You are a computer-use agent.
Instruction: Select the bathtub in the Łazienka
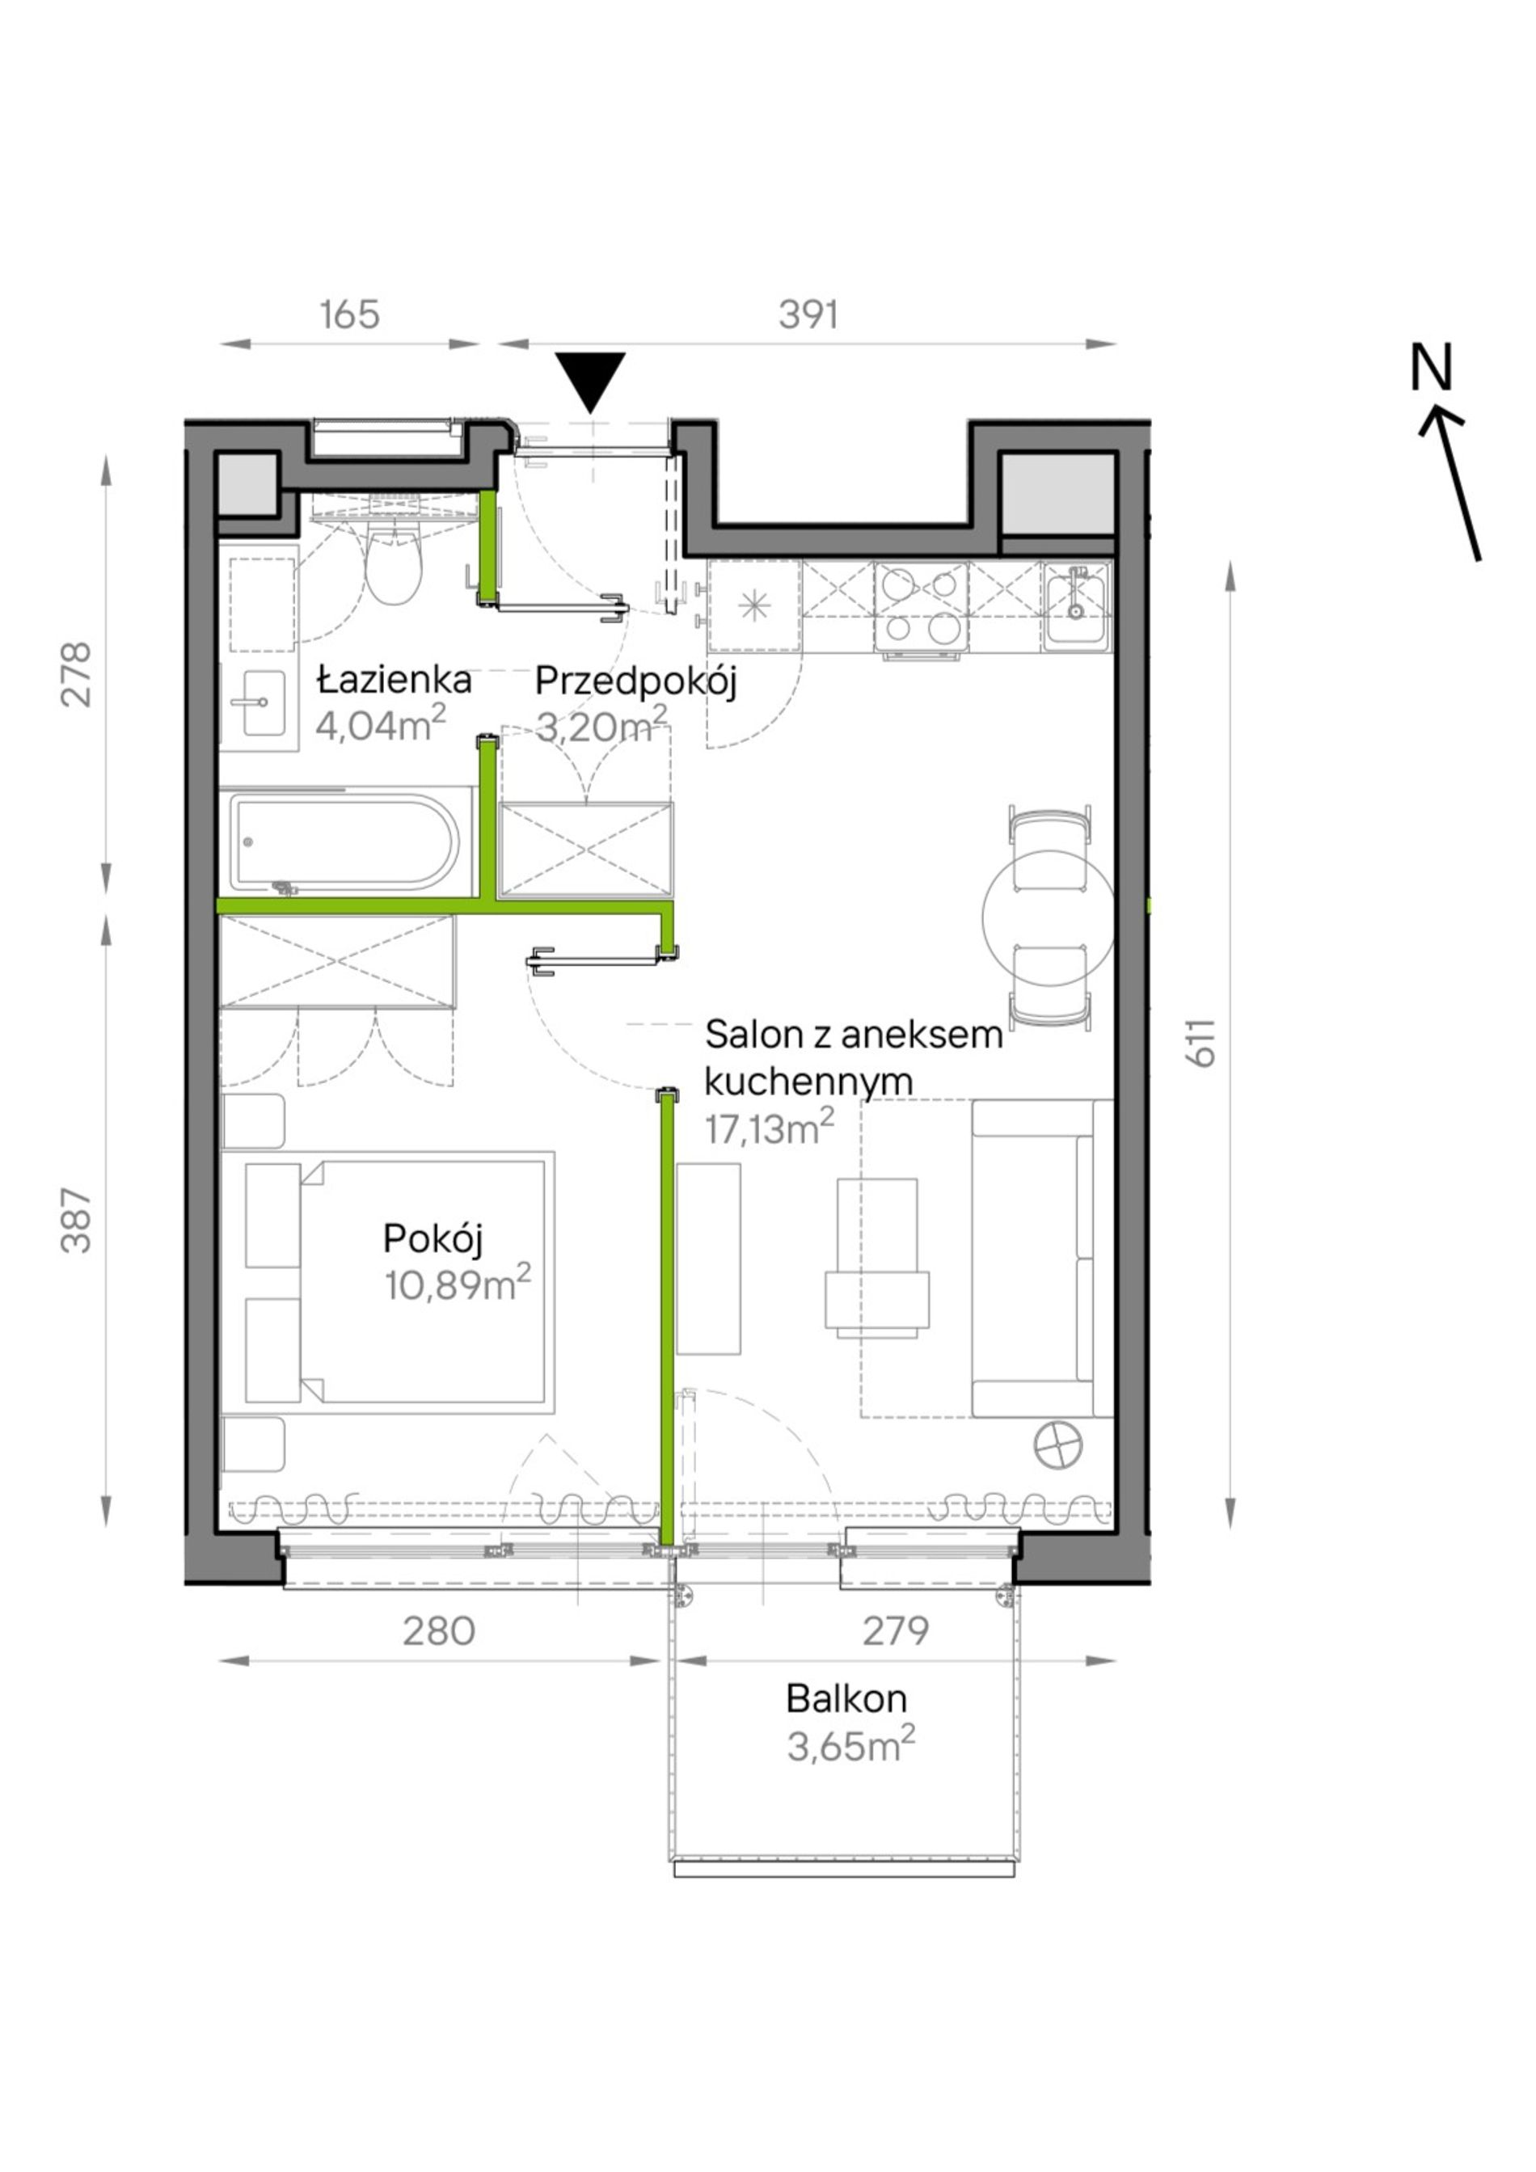tap(346, 843)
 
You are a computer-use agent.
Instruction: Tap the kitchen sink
tap(1076, 606)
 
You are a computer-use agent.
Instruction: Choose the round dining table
tap(1049, 917)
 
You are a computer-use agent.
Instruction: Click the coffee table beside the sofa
tap(877, 1257)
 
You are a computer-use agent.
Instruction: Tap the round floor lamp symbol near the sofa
tap(1058, 1472)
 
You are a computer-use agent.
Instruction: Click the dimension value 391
tap(808, 315)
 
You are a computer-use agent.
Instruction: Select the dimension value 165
tap(350, 315)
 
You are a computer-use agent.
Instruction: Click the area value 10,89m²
tap(458, 1284)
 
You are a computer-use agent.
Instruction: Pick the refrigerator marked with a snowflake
tap(755, 606)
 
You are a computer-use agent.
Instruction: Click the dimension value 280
tap(439, 1632)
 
